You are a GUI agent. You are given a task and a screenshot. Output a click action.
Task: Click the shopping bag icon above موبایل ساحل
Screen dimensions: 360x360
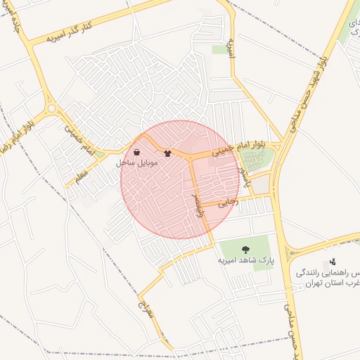point(136,152)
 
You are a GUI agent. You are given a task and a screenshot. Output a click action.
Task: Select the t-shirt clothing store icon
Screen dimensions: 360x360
point(167,152)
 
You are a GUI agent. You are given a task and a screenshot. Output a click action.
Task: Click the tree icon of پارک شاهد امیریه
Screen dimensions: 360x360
point(245,250)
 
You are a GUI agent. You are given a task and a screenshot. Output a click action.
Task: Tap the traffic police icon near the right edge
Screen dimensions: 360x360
point(333,262)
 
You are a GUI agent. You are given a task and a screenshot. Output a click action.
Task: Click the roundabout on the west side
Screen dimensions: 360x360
point(51,108)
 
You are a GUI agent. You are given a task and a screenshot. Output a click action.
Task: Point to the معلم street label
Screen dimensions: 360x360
point(82,173)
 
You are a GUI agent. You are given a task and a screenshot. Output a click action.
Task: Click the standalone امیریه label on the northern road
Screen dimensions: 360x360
point(231,48)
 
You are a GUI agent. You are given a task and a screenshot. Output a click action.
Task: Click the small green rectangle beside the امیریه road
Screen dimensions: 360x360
point(219,49)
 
